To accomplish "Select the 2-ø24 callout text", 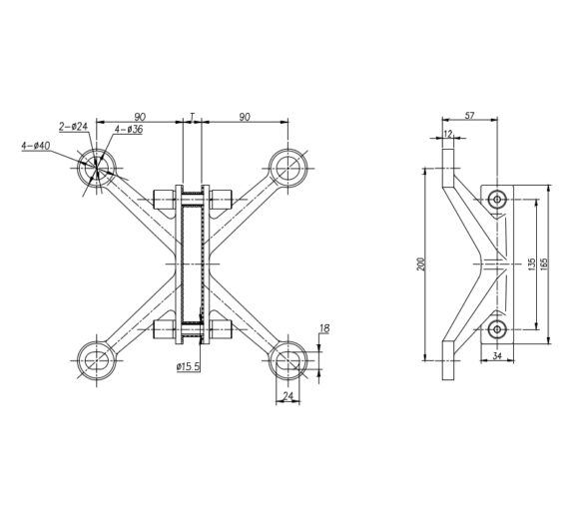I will [x=74, y=126].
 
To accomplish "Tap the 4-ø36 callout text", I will [x=129, y=129].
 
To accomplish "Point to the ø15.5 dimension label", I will [x=188, y=368].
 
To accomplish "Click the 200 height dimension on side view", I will [x=421, y=263].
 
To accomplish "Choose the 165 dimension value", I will [x=544, y=263].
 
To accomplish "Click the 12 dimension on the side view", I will [x=447, y=134].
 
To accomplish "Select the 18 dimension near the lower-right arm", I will [x=325, y=328].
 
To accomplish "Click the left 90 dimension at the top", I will [x=142, y=117].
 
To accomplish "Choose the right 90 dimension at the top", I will [x=245, y=117].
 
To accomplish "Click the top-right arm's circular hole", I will [x=288, y=167].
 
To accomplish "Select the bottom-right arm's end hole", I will [x=288, y=358].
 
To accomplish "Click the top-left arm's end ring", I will [x=98, y=168].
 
